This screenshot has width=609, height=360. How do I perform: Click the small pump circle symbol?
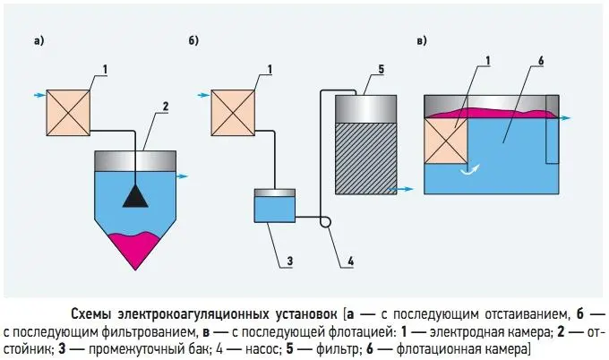pos(323,221)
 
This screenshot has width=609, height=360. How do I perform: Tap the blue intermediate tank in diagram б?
pos(276,209)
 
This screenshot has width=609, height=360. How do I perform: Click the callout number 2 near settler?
pos(165,106)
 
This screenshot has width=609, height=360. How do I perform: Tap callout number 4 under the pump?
pos(350,261)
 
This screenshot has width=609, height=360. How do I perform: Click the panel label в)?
pos(420,40)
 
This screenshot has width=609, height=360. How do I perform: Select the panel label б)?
pos(193,40)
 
